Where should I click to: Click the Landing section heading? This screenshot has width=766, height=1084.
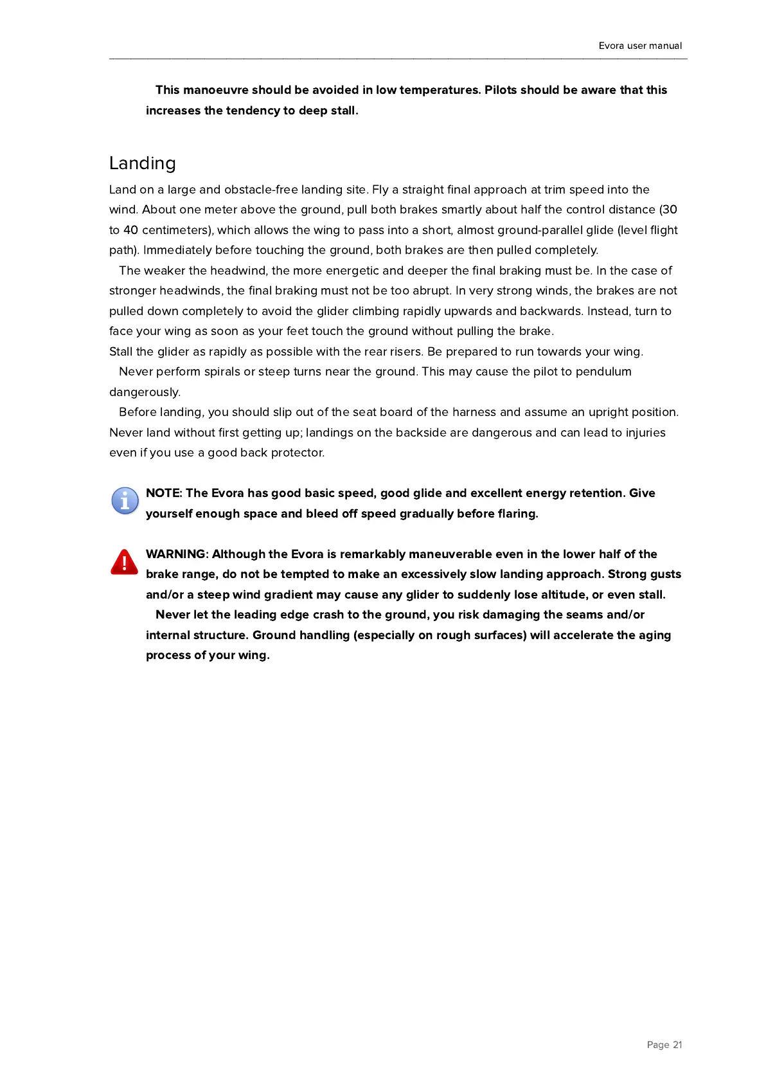142,163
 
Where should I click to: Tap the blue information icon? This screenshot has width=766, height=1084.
125,500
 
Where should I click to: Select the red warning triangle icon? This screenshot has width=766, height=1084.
124,561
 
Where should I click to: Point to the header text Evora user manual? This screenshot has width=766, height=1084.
640,46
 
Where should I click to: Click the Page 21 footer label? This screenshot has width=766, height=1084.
664,1045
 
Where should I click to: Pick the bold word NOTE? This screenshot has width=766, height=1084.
164,493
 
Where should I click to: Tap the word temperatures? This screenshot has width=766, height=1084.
440,90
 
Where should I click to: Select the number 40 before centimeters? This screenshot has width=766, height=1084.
130,230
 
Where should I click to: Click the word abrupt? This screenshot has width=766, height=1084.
432,291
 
